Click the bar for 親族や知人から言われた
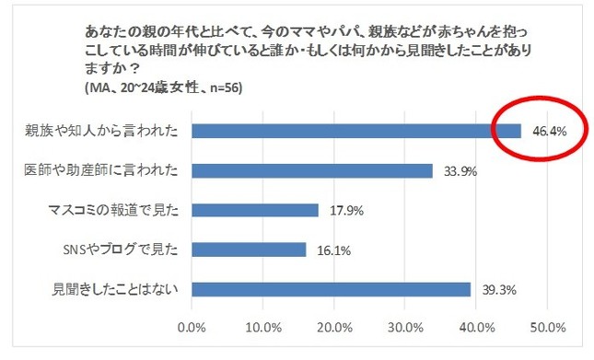[355, 131]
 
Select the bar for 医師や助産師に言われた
[311, 170]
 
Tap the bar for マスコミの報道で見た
[254, 210]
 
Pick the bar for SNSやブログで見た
[248, 250]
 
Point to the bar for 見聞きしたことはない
[331, 289]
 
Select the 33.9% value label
[456, 170]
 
